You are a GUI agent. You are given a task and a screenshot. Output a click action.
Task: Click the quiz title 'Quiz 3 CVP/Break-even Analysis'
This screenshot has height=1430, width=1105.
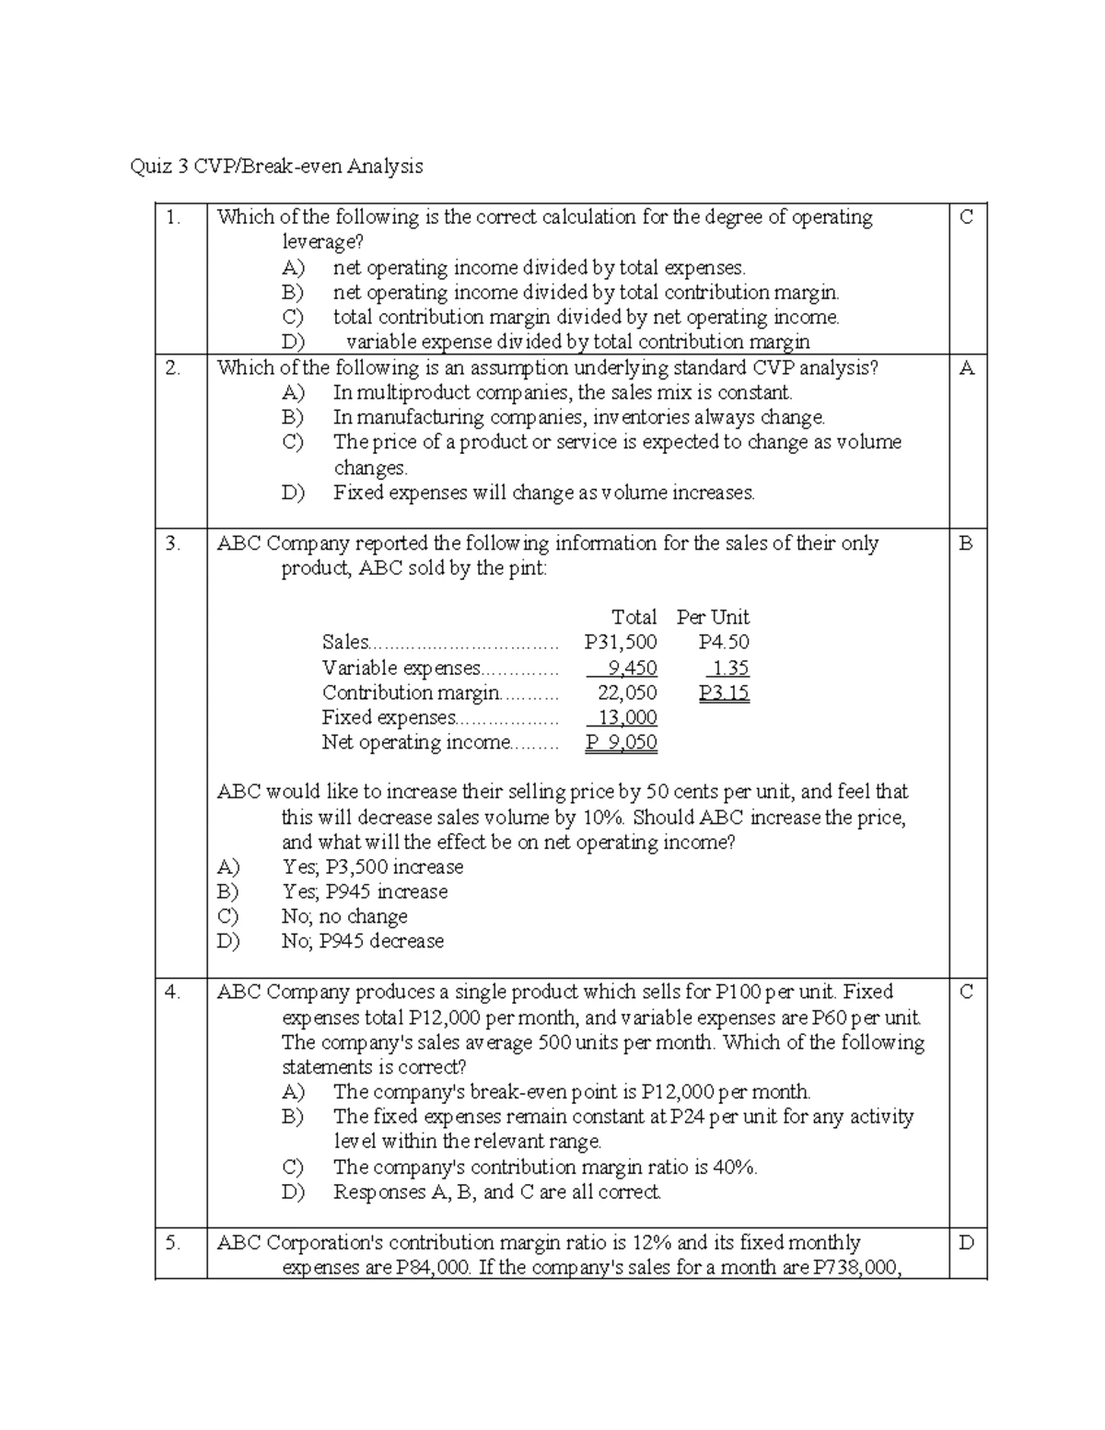(x=277, y=167)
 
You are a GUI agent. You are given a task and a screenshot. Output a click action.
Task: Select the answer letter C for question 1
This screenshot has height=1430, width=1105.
(x=966, y=217)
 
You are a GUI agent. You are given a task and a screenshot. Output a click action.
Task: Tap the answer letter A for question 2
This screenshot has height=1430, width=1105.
(x=966, y=368)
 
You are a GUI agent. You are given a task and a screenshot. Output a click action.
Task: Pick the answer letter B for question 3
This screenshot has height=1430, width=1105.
(x=965, y=543)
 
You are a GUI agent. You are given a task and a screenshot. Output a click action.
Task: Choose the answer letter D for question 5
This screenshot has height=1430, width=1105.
(x=966, y=1243)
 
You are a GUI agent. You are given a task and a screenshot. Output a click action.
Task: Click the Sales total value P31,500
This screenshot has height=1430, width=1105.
(x=621, y=643)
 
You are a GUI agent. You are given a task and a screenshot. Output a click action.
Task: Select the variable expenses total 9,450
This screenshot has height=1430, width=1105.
(x=631, y=668)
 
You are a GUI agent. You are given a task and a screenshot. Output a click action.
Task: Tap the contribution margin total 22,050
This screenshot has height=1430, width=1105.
(x=627, y=692)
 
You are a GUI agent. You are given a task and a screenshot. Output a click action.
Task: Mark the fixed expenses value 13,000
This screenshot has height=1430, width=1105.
(x=627, y=717)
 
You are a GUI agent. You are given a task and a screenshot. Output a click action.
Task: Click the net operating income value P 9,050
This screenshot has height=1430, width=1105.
(x=622, y=742)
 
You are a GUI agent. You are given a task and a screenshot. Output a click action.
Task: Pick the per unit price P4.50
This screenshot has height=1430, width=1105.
(x=724, y=643)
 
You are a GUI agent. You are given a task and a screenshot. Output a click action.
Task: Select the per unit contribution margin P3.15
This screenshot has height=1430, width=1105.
(x=724, y=692)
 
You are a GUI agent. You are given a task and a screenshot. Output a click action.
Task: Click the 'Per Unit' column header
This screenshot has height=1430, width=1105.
(x=713, y=617)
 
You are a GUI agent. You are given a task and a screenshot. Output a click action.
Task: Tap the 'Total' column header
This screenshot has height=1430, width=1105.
(x=634, y=617)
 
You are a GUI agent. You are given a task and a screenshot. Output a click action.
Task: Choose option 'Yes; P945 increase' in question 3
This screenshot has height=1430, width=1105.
(x=365, y=891)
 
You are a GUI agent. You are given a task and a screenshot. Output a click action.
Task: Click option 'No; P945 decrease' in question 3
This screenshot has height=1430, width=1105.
(x=363, y=941)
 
